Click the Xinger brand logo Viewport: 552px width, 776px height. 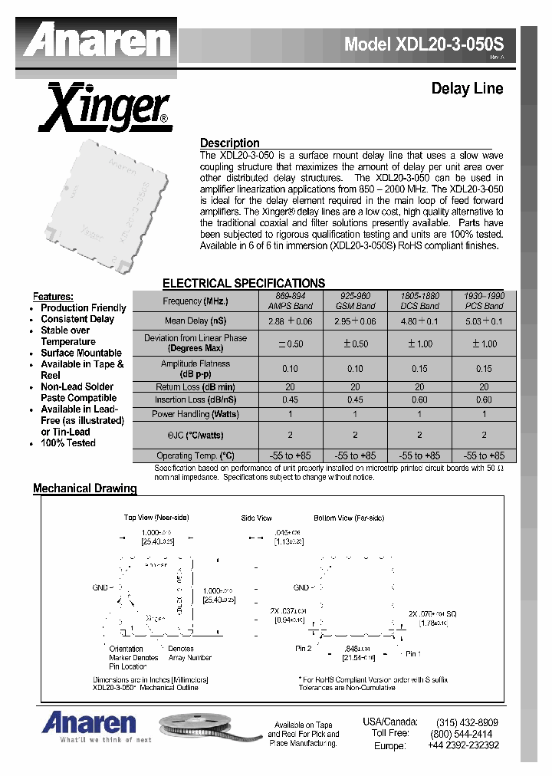coord(105,110)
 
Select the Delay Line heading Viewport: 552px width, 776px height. coord(467,89)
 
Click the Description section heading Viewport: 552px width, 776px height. coord(229,143)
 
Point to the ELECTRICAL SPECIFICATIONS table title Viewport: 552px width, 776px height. coord(244,283)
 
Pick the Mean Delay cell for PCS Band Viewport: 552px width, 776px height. coord(484,321)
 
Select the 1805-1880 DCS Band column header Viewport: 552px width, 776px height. coord(419,301)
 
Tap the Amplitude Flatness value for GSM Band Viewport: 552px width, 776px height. coord(355,369)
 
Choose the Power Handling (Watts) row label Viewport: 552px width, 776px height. coord(195,414)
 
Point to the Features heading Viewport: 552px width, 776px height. coord(53,296)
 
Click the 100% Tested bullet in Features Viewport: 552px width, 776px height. coord(68,443)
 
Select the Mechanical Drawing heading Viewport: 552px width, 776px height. coord(84,488)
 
